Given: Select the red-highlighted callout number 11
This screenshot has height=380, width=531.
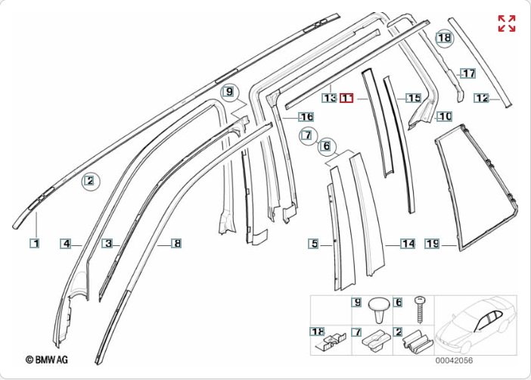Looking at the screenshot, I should click(347, 98).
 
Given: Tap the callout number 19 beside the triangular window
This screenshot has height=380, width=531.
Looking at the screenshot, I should click(432, 244).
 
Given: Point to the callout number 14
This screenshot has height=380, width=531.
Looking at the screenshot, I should click(408, 244).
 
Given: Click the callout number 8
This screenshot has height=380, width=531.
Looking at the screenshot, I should click(176, 243).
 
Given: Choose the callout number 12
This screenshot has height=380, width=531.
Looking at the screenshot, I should click(482, 98).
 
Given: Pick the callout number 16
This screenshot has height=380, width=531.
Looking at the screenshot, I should click(306, 117).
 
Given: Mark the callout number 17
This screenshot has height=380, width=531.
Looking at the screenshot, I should click(469, 73).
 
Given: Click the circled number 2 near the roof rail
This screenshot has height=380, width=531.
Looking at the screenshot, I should click(89, 180).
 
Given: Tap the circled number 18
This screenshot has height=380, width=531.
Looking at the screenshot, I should click(443, 37).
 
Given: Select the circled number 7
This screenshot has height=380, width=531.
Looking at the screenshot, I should click(306, 136).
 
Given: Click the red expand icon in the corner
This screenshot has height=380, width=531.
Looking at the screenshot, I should click(506, 23).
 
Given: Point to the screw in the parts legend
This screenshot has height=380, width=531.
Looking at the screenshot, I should click(421, 310).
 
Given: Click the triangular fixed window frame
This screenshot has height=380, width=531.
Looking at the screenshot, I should click(475, 189).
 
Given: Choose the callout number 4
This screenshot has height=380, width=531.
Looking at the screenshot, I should click(67, 243).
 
